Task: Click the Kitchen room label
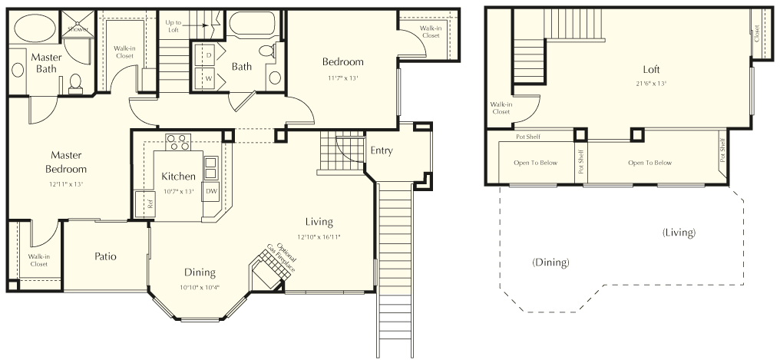click(x=179, y=177)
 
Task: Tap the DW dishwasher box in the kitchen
click(x=211, y=191)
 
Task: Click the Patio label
click(x=106, y=256)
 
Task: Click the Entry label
click(x=382, y=150)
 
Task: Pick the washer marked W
click(x=207, y=78)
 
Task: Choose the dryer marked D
click(x=207, y=56)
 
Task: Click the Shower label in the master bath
click(x=78, y=29)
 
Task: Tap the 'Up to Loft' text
click(x=174, y=26)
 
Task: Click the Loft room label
click(x=652, y=69)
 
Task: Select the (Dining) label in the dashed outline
click(x=550, y=263)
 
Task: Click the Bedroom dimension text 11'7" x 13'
click(x=342, y=78)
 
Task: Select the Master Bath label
click(x=46, y=63)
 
